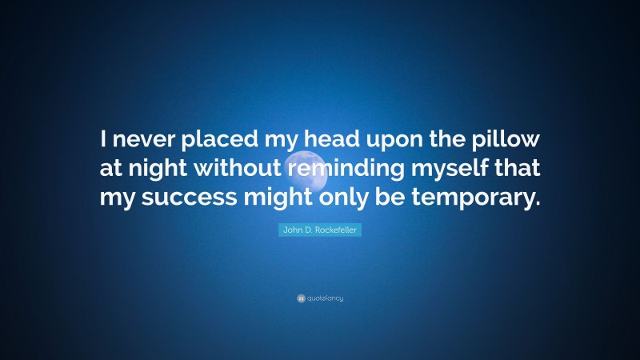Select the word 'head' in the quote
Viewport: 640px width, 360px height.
tap(332, 141)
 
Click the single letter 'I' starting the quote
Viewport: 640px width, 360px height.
tap(105, 141)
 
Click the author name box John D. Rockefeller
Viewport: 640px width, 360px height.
tap(320, 230)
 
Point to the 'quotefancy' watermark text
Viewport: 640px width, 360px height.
tap(325, 298)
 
